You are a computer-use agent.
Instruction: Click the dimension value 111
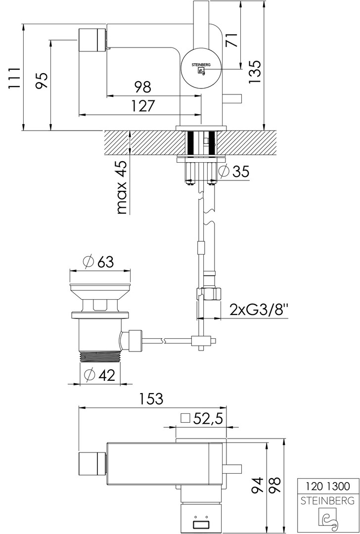[x=13, y=79]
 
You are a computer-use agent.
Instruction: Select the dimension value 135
[x=255, y=72]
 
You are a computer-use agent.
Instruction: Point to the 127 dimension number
[x=143, y=106]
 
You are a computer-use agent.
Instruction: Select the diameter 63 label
[x=98, y=262]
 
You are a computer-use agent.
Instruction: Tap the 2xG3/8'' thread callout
[x=259, y=310]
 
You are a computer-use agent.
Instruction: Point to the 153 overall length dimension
[x=151, y=399]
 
